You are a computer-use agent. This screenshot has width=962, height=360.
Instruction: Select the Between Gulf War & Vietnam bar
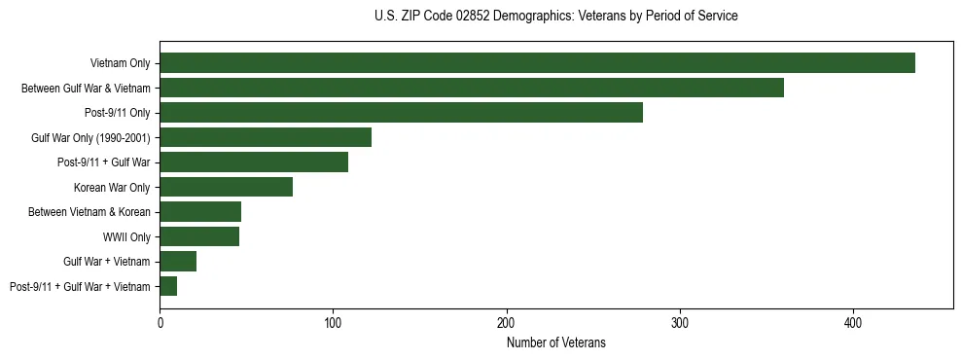[x=472, y=89]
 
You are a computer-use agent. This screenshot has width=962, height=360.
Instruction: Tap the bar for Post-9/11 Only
[x=401, y=113]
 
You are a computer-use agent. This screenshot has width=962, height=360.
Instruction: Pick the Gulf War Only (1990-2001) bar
[x=266, y=137]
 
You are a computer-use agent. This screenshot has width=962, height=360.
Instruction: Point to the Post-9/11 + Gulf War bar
[x=254, y=162]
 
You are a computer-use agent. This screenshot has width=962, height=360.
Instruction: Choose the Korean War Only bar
[x=226, y=187]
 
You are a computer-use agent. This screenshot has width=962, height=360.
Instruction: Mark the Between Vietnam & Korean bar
[x=200, y=212]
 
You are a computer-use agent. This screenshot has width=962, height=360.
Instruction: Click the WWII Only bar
[x=199, y=236]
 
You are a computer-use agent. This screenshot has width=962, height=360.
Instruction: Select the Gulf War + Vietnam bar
[x=178, y=261]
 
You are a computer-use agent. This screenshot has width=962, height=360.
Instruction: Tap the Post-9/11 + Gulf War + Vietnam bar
[x=168, y=286]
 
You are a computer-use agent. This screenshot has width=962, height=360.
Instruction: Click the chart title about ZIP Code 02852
[x=555, y=17]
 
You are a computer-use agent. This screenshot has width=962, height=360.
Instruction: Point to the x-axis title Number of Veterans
[x=555, y=342]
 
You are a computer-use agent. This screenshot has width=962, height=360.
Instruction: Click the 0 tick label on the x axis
[x=160, y=323]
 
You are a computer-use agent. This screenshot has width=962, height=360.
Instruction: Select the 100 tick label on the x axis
[x=333, y=323]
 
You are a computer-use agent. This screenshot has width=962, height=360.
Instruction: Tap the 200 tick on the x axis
[x=506, y=323]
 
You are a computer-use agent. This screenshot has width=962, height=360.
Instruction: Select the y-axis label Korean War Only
[x=112, y=187]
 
